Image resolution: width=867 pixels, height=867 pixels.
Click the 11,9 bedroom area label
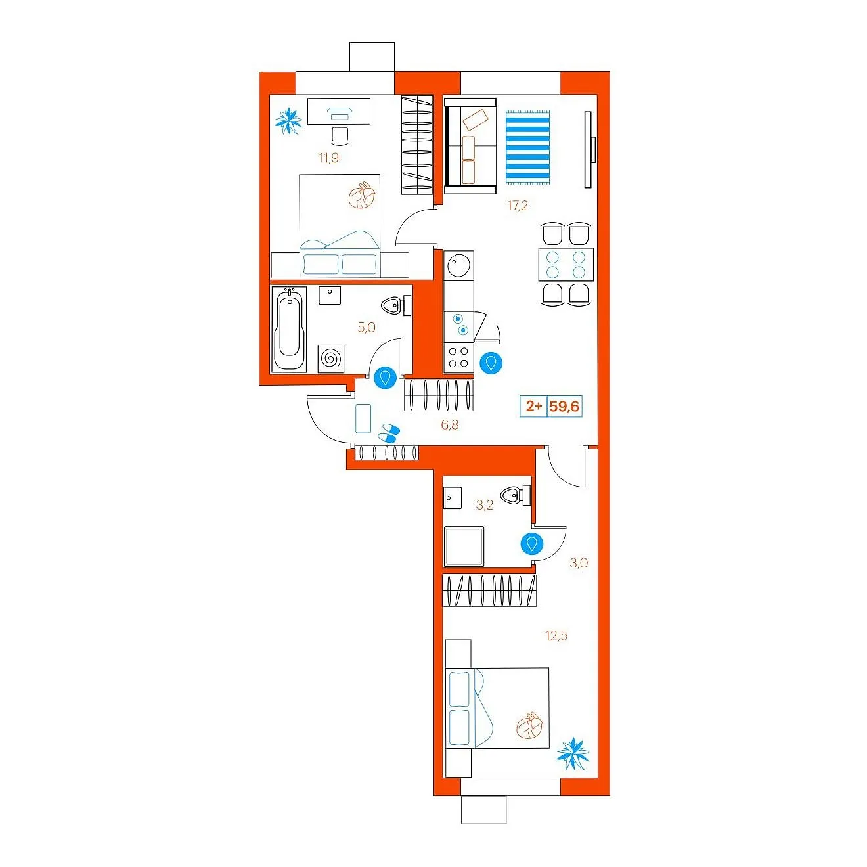click(x=329, y=158)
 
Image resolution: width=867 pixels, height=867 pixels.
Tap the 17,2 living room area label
click(x=518, y=206)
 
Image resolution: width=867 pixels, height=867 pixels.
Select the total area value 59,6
click(x=564, y=407)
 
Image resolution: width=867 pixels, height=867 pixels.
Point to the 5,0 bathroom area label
click(x=367, y=328)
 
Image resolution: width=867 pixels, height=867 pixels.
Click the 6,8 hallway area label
click(x=450, y=424)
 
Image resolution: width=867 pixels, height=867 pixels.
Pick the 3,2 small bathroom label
click(x=485, y=505)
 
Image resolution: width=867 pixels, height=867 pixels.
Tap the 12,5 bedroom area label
click(x=556, y=636)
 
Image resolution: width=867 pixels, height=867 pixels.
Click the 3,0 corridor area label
click(x=579, y=563)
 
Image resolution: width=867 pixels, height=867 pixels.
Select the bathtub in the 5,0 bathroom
click(x=289, y=329)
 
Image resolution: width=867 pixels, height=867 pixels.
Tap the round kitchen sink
click(x=459, y=263)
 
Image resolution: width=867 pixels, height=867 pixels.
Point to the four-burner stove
click(x=458, y=357)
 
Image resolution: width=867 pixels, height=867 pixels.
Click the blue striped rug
click(x=528, y=147)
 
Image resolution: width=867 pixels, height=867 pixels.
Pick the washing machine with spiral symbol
click(x=331, y=359)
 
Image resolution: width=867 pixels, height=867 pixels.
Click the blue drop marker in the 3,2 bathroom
click(x=532, y=544)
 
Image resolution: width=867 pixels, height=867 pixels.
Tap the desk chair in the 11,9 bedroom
click(x=340, y=136)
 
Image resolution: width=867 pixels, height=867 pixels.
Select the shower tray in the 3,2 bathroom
click(x=464, y=546)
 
